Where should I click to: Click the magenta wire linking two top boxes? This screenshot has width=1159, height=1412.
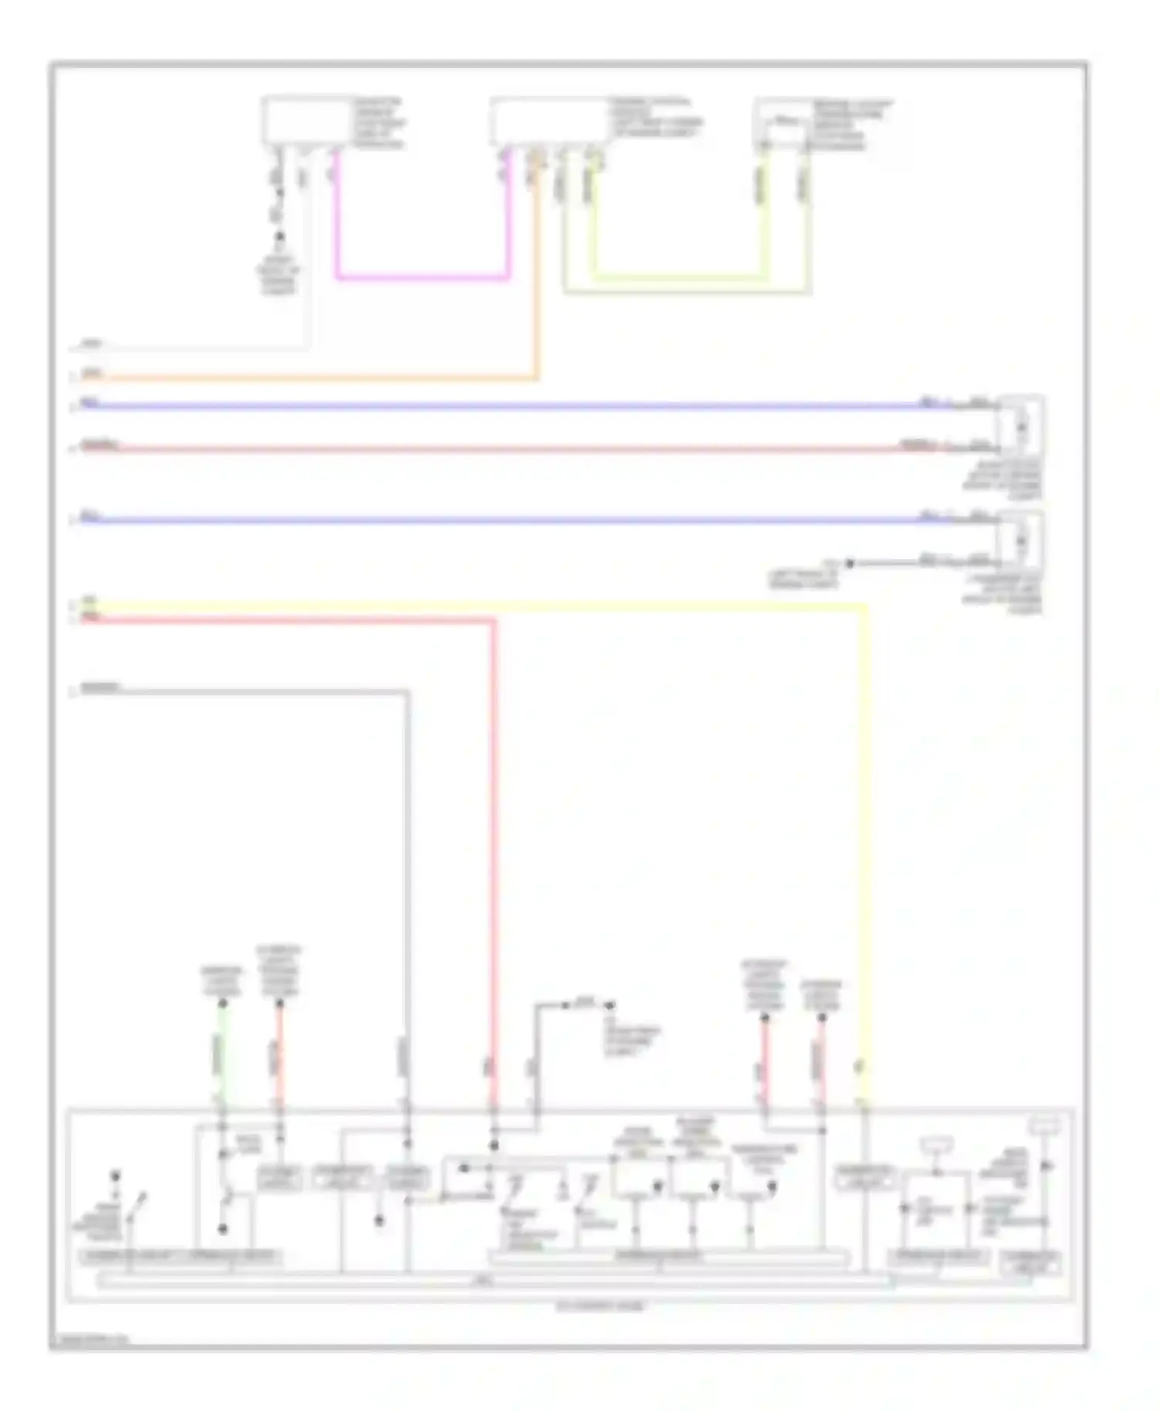tap(422, 277)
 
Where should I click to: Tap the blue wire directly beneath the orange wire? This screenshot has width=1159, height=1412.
tap(502, 406)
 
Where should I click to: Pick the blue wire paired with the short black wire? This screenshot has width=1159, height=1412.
tap(502, 520)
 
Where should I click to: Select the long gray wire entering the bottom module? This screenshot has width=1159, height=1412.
tap(407, 888)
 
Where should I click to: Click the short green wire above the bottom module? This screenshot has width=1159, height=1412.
tap(222, 1054)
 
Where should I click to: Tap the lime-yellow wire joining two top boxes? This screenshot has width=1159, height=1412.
tap(680, 276)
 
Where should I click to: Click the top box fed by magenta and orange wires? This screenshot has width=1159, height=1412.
tap(549, 120)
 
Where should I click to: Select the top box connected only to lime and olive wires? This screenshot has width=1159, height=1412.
tap(783, 122)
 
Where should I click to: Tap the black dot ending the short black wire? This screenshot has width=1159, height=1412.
tap(849, 564)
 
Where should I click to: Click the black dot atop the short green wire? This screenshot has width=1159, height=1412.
tap(222, 1003)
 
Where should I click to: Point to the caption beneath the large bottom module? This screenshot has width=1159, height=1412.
tap(600, 1307)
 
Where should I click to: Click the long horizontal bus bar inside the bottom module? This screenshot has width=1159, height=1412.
tap(495, 1281)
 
